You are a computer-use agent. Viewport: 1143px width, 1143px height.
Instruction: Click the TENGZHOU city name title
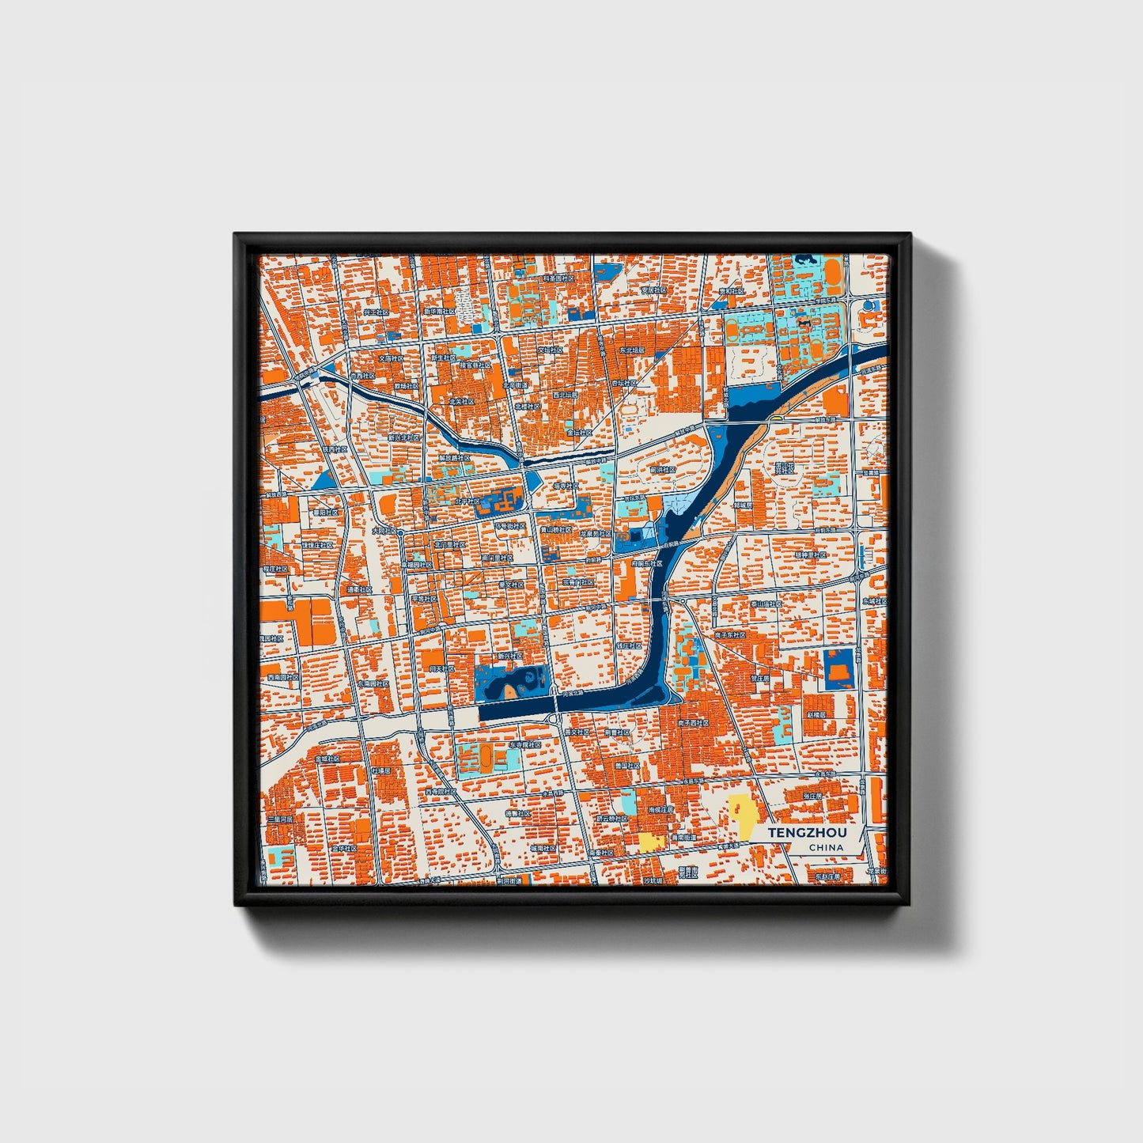[x=806, y=834]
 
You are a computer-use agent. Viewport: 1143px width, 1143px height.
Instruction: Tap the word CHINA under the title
[x=826, y=848]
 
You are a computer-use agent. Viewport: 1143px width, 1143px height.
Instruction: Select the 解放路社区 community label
[x=456, y=458]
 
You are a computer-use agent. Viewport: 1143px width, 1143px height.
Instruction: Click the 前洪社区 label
[x=663, y=469]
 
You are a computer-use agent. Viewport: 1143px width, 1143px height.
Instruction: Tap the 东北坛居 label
[x=631, y=349]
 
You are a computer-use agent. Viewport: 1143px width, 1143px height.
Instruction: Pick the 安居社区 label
[x=653, y=290]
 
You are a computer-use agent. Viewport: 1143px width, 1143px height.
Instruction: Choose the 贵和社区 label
[x=732, y=290]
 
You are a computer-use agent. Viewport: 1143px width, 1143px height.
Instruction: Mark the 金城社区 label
[x=327, y=758]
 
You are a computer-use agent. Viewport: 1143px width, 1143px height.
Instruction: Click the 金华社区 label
[x=344, y=848]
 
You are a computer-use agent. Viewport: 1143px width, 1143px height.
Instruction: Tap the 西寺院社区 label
[x=441, y=790]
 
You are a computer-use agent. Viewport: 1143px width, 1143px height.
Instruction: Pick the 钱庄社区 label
[x=628, y=645]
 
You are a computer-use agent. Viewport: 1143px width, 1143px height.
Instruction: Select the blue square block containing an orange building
[x=838, y=668]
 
